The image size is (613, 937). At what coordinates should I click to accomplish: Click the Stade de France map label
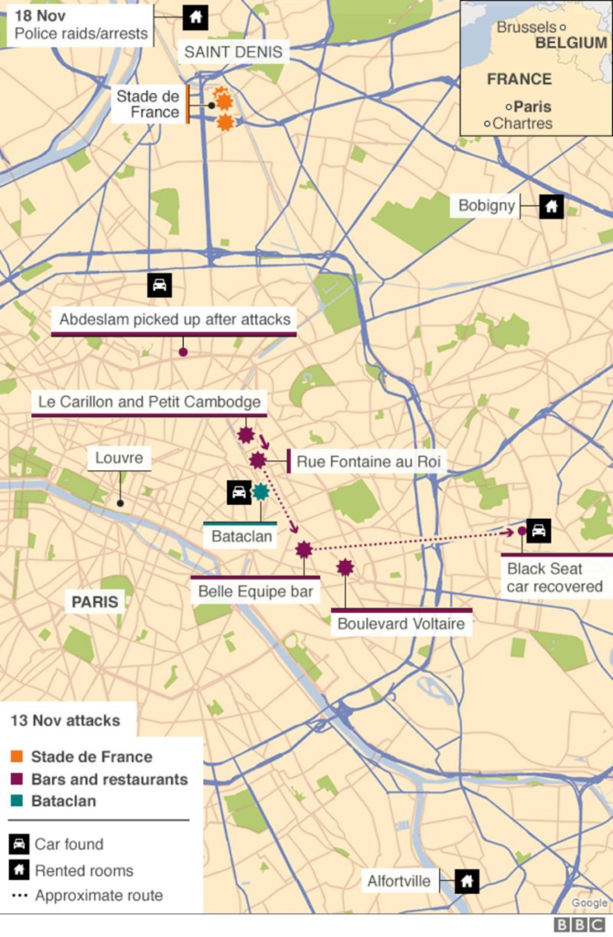(x=148, y=104)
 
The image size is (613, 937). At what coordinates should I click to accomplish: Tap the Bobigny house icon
(x=551, y=206)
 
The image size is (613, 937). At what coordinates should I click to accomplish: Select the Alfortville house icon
(x=467, y=881)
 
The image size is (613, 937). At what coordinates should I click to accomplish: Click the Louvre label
(x=119, y=458)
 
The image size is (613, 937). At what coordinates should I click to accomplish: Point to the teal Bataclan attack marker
(x=261, y=492)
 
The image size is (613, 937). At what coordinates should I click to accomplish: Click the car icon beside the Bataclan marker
(x=239, y=492)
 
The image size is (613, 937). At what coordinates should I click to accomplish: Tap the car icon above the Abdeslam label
(x=159, y=285)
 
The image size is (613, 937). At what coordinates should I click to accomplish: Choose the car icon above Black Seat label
(x=539, y=530)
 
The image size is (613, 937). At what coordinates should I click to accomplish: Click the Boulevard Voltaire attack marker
(x=345, y=568)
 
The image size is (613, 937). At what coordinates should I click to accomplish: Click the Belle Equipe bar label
(x=255, y=591)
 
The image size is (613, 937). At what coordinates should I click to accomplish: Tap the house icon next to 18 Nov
(x=195, y=16)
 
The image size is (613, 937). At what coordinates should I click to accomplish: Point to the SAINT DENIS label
(x=233, y=52)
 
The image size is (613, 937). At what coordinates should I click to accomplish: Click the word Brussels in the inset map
(x=526, y=27)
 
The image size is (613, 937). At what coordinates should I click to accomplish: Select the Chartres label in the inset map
(x=522, y=124)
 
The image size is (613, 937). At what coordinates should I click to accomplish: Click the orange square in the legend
(x=16, y=757)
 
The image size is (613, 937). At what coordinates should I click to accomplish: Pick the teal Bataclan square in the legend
(x=16, y=801)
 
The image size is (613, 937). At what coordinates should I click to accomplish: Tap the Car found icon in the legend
(x=18, y=844)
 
